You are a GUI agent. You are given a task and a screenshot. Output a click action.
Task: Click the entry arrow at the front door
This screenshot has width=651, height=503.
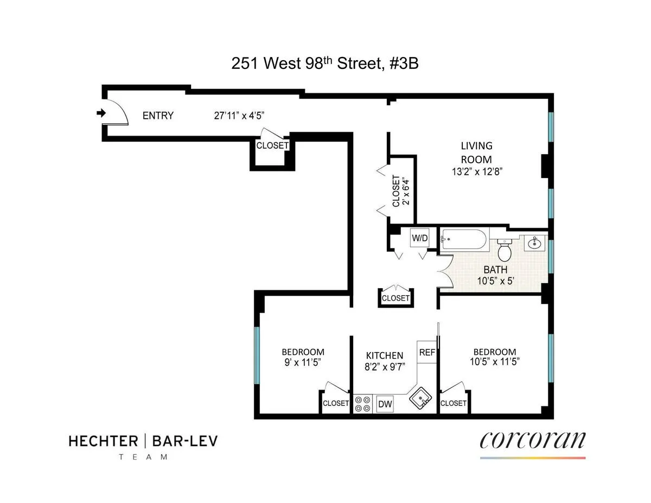click(x=100, y=113)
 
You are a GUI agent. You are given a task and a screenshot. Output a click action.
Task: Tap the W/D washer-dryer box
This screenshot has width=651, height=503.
click(x=418, y=238)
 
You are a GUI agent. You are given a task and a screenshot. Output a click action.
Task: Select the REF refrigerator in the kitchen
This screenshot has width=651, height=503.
click(x=427, y=352)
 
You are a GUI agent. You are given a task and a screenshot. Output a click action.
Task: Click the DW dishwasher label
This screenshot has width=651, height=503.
click(x=385, y=404)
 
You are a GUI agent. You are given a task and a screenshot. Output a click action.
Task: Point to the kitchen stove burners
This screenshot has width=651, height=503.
click(x=362, y=404)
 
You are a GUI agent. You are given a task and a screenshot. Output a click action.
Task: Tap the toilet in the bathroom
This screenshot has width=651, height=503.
click(x=505, y=250)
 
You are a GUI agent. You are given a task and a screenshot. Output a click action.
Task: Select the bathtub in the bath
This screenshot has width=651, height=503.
click(x=464, y=239)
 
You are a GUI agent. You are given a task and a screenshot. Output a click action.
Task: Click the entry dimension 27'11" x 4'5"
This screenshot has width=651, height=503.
click(x=239, y=115)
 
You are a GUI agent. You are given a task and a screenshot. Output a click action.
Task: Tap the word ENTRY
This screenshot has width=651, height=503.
click(x=158, y=115)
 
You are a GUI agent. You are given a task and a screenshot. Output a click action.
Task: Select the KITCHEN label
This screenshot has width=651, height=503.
click(x=384, y=355)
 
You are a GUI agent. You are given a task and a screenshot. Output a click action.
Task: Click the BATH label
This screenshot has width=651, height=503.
click(x=495, y=269)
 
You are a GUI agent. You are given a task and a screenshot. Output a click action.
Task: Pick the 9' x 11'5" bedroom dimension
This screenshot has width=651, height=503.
click(x=303, y=362)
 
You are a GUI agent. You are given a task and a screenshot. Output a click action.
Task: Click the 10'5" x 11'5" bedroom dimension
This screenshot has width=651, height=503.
click(x=494, y=362)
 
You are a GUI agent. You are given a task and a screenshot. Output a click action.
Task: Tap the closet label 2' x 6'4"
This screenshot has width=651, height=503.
click(x=407, y=191)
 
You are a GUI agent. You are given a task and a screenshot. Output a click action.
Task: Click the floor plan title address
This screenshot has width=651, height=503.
click(x=325, y=64)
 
